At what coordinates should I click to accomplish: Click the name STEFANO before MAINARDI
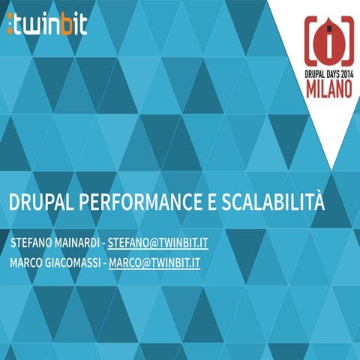pyautogui.click(x=32, y=244)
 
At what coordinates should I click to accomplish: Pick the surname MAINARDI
pyautogui.click(x=78, y=244)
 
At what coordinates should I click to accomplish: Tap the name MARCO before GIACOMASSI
pyautogui.click(x=27, y=263)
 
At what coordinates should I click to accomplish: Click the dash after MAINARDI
pyautogui.click(x=103, y=244)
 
